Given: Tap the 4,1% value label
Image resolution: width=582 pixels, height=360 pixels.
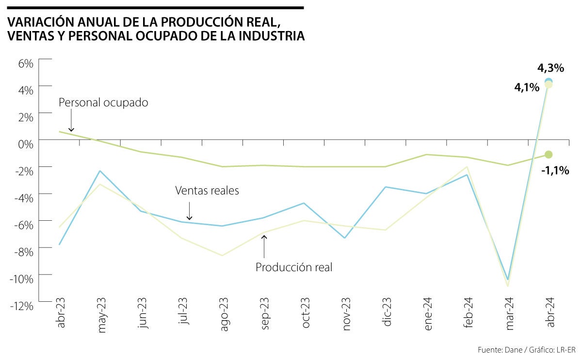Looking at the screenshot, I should coord(527,88).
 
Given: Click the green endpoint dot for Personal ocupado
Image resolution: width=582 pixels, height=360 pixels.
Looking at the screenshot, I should coord(549,154).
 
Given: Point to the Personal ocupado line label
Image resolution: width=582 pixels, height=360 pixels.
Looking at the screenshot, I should coord(103,103).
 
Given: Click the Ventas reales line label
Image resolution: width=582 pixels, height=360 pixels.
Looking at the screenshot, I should coord(207,191).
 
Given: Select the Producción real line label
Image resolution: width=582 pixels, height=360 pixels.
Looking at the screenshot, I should coord(294,267).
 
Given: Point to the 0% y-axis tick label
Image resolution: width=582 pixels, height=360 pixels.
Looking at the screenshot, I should coord(26,144).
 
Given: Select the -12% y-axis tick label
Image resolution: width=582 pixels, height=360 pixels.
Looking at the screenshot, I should coord(23,306).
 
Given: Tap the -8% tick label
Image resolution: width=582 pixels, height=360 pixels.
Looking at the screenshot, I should coord(24,251).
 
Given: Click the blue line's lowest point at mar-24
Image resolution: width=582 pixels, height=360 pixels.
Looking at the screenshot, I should coord(508,280).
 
